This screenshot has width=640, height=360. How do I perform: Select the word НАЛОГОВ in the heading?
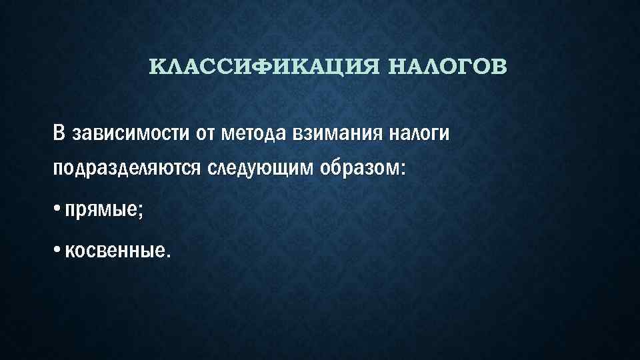point(445,67)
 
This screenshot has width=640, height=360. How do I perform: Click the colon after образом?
point(402,170)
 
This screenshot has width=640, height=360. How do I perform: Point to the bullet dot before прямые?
point(57,209)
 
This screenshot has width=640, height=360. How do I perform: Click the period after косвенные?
point(168,255)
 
